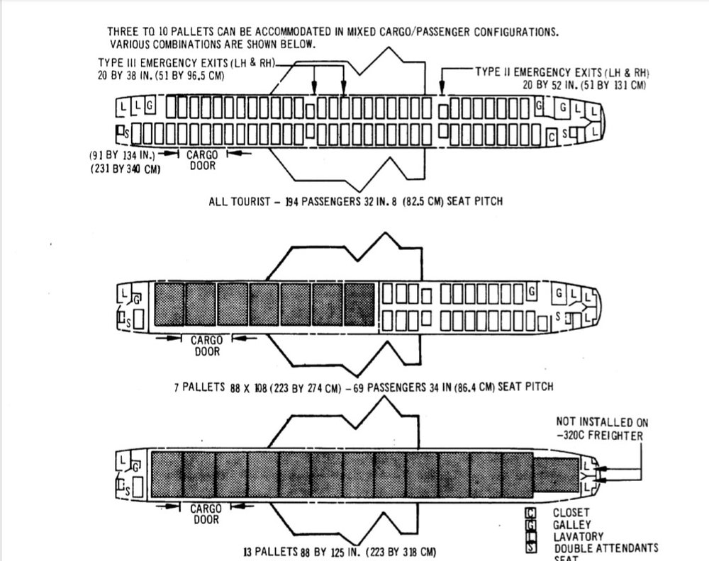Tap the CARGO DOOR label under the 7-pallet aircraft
206,346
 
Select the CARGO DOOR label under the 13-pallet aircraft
206,514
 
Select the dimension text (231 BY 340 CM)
125,170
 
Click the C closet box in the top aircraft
552,135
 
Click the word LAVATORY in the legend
577,536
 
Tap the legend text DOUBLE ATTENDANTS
606,548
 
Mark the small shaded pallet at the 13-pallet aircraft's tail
554,474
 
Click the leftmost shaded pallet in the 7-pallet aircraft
169,305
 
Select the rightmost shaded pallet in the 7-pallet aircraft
359,305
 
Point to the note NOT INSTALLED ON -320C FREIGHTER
602,429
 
